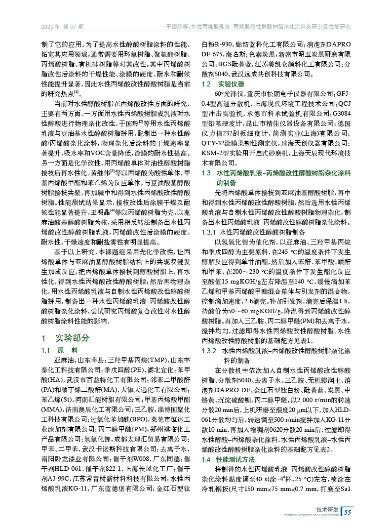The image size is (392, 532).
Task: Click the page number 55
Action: point(347,511)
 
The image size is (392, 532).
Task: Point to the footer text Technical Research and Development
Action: point(311,515)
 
